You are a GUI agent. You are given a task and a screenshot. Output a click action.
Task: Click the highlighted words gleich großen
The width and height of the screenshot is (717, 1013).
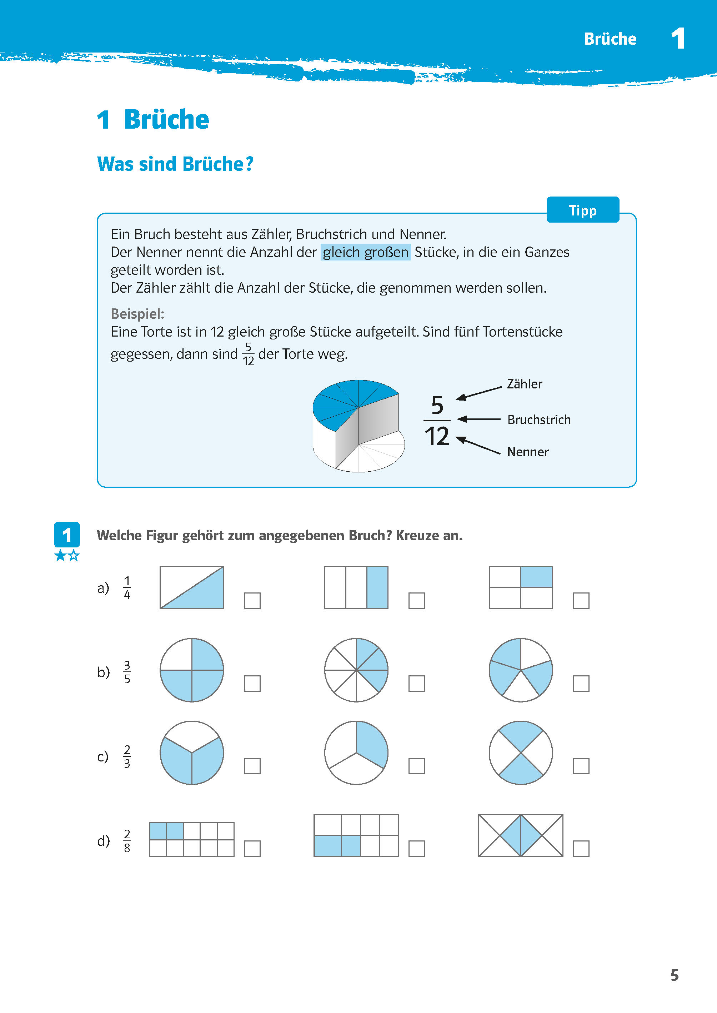click(365, 252)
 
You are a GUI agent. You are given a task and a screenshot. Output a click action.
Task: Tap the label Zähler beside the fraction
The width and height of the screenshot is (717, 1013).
click(524, 384)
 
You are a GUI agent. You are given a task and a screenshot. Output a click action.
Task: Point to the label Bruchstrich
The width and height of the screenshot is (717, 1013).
click(538, 420)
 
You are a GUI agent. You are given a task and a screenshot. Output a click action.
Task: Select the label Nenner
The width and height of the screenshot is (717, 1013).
click(528, 452)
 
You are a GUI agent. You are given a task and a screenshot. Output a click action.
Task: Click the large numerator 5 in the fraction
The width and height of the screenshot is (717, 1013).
click(437, 405)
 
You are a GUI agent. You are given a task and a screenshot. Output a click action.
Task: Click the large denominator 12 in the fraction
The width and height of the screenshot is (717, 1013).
click(437, 436)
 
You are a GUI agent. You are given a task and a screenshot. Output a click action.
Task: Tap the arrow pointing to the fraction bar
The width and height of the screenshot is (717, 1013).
click(479, 419)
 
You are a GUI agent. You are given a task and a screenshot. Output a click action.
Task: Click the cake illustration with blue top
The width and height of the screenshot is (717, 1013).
click(358, 426)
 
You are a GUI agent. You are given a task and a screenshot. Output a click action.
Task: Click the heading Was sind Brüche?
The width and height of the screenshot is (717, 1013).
click(175, 164)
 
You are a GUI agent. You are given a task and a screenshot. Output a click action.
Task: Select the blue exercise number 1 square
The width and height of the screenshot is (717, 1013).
click(67, 535)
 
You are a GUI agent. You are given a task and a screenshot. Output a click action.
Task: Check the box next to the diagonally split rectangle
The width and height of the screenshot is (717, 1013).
click(252, 600)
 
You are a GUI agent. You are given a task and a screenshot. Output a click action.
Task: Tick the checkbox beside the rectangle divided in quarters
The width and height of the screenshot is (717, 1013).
click(581, 600)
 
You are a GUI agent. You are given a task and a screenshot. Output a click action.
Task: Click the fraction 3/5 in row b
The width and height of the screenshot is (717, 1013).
click(127, 672)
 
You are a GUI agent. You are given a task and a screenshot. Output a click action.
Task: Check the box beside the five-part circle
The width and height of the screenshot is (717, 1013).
click(581, 684)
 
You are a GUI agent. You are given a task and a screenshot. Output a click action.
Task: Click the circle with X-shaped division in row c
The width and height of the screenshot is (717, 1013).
click(521, 753)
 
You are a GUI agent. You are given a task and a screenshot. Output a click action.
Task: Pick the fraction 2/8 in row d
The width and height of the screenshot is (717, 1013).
click(127, 841)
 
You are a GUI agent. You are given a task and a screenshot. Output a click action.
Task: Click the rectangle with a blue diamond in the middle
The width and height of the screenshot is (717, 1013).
click(521, 835)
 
